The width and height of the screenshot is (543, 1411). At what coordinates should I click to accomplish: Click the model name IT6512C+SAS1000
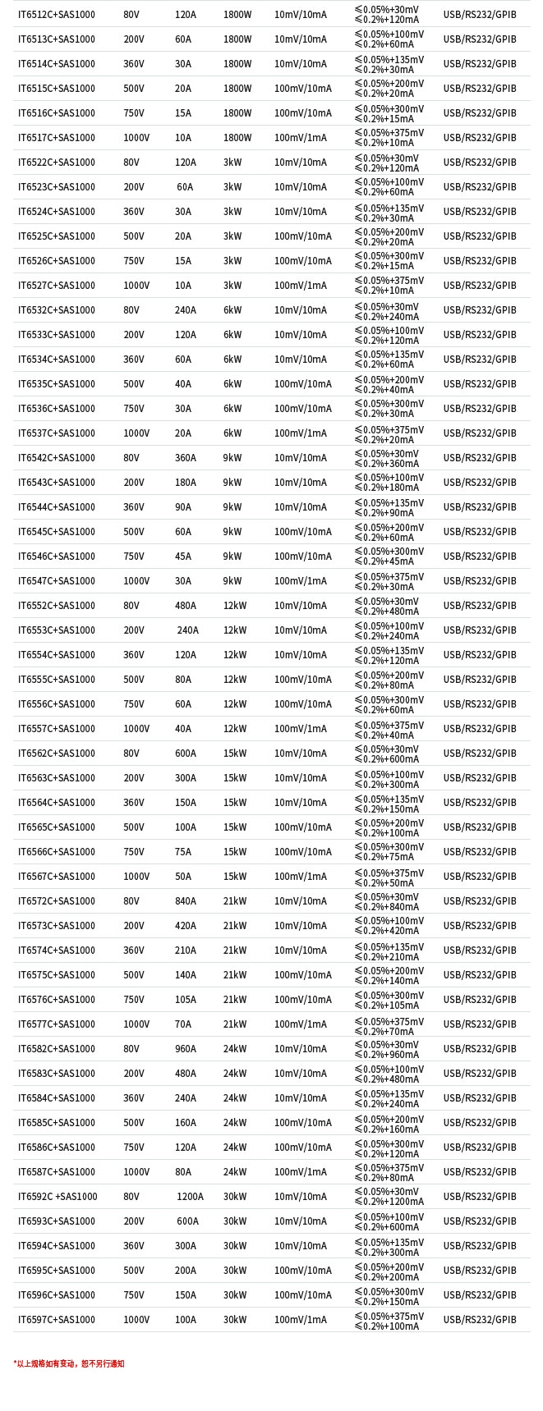[x=57, y=15]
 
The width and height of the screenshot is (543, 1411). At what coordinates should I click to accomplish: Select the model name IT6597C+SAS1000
[x=57, y=1320]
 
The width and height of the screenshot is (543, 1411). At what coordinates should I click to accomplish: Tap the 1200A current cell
[x=190, y=1197]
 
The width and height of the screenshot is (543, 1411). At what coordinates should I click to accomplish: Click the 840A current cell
[x=186, y=901]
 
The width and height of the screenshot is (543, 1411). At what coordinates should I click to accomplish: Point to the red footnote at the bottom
[x=69, y=1363]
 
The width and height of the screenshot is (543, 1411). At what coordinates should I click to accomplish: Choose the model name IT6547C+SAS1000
[x=57, y=581]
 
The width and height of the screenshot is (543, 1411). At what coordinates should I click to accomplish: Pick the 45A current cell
[x=182, y=557]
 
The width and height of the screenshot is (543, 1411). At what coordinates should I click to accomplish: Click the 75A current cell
[x=182, y=852]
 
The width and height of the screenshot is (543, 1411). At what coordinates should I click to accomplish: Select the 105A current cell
[x=186, y=1000]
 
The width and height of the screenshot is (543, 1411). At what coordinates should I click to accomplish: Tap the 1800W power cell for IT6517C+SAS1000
[x=237, y=138]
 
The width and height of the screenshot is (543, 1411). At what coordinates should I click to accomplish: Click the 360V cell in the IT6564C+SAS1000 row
[x=134, y=803]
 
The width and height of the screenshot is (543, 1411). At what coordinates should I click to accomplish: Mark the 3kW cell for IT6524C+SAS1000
[x=232, y=212]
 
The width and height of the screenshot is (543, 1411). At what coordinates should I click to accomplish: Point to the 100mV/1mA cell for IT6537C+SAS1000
[x=300, y=433]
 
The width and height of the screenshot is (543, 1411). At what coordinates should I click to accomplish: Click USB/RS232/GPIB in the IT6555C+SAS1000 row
[x=480, y=680]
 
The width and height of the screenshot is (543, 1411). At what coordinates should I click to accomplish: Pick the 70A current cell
[x=182, y=1024]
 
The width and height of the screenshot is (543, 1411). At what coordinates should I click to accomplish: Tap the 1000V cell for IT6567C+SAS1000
[x=136, y=877]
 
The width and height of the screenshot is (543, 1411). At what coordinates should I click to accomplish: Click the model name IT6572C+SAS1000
[x=57, y=901]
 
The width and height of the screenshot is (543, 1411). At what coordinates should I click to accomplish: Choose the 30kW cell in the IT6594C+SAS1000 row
[x=235, y=1246]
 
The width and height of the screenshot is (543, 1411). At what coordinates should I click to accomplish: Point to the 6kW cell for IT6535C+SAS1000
[x=232, y=384]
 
